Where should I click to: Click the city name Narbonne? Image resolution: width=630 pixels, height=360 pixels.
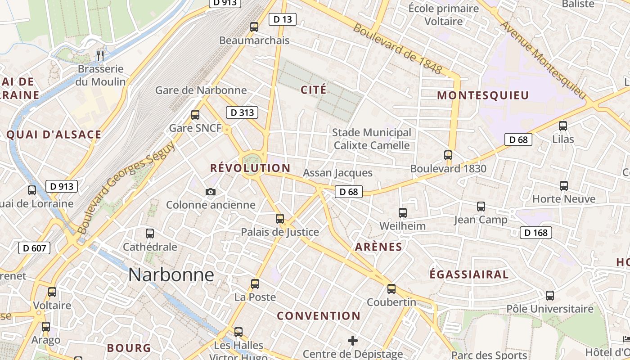(x=171, y=274)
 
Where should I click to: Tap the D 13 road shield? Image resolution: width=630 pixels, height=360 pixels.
(x=282, y=19)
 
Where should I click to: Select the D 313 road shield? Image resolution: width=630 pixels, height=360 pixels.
(x=242, y=112)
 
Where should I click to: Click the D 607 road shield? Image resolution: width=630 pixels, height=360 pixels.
(x=34, y=247)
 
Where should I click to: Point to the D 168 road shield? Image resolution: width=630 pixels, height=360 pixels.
(x=535, y=233)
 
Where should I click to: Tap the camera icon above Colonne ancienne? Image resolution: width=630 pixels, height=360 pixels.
(x=210, y=192)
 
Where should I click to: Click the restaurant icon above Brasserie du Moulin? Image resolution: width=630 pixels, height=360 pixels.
(x=100, y=56)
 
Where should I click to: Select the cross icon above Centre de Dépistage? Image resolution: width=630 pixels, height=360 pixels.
(x=353, y=341)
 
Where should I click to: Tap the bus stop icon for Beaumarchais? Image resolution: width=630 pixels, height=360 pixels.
(x=254, y=27)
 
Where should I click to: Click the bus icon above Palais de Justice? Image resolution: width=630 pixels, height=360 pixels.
(x=280, y=219)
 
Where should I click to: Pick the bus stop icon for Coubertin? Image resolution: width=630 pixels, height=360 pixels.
(x=391, y=289)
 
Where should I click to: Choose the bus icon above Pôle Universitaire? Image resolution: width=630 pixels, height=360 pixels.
(x=549, y=296)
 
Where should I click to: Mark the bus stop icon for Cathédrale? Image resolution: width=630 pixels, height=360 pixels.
(x=150, y=234)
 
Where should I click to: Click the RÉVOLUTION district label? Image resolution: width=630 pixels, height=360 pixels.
(x=250, y=168)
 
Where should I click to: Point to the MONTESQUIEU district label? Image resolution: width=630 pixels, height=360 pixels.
(x=483, y=95)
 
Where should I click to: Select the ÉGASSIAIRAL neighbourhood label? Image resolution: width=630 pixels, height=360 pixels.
(x=469, y=274)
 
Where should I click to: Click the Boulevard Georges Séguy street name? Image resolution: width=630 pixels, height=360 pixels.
(x=127, y=187)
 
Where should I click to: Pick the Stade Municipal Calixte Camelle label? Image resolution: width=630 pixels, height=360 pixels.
(x=371, y=139)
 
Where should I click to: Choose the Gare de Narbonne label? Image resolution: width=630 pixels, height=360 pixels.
(x=201, y=90)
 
